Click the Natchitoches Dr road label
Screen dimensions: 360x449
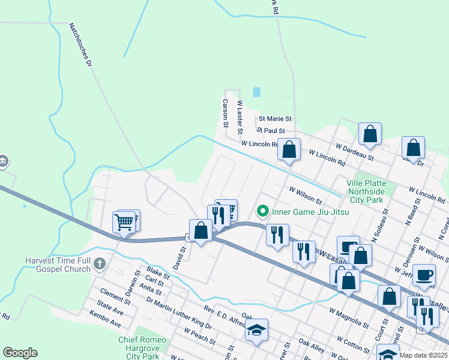coord(80,45)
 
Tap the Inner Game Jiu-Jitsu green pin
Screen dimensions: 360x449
coord(262,211)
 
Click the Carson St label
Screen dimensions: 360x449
coord(226,113)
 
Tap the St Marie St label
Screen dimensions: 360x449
coord(274,119)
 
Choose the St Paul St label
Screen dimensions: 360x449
coord(271,130)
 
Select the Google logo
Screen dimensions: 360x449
coord(20,352)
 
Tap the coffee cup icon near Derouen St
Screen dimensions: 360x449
coord(424,274)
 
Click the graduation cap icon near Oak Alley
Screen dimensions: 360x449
coord(256,330)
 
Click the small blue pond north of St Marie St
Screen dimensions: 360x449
coord(257,92)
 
